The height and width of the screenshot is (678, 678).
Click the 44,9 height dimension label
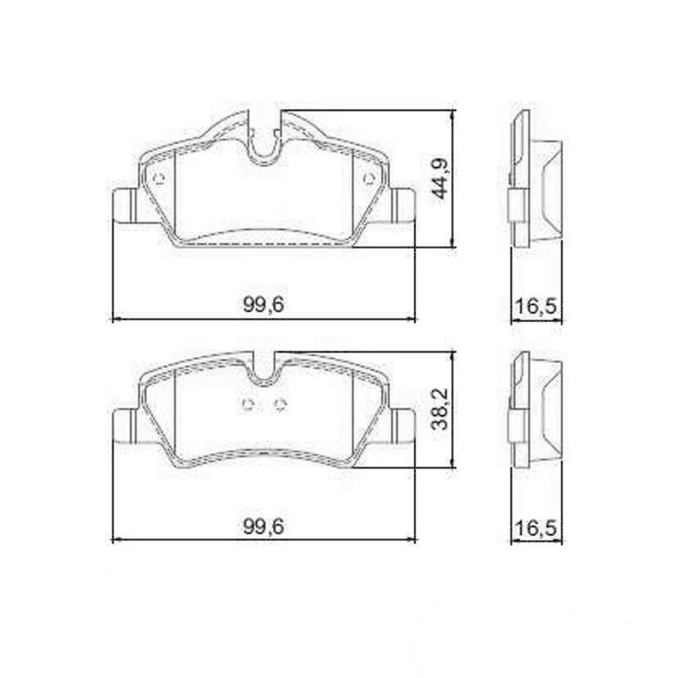coord(439,178)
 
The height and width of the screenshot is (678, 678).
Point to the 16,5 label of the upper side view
coord(535,306)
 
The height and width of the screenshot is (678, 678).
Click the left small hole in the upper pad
coord(160,178)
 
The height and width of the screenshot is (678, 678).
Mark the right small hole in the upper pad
coord(368,179)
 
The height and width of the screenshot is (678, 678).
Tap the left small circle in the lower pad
coord(247,404)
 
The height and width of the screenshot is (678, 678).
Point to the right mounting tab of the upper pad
coord(403,203)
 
